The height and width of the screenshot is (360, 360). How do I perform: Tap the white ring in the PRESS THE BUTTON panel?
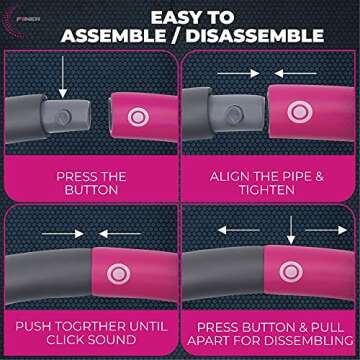[136, 116]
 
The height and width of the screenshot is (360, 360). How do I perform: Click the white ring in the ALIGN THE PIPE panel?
[297, 112]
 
